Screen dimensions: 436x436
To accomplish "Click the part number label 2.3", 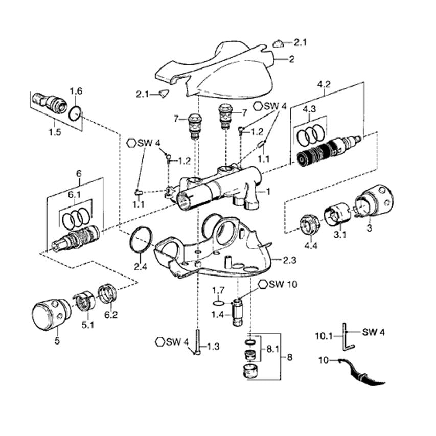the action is point(289,261).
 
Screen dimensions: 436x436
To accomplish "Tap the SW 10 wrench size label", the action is point(283,285).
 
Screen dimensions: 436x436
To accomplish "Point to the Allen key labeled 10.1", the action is point(347,337).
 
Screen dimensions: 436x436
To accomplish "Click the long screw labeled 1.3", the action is point(197,342).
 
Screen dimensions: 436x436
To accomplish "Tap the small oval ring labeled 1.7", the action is point(219,302).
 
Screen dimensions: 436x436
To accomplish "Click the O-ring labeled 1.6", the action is point(75,113).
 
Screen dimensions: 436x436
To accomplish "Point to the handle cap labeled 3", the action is point(375,200).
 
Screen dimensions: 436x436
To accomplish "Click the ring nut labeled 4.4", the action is point(310,225).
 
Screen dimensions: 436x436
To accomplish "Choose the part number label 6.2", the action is point(111,315).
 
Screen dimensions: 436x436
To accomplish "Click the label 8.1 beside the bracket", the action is point(273,349).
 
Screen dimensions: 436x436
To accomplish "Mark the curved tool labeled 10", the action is point(361,372).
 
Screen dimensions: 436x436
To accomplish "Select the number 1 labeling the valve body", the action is point(268,192).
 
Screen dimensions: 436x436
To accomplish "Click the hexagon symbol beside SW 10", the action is point(263,284).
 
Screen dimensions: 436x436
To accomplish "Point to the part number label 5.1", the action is point(87,325).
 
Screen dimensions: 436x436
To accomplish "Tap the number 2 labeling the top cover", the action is point(291,59).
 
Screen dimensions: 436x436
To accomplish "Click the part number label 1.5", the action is point(55,132).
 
